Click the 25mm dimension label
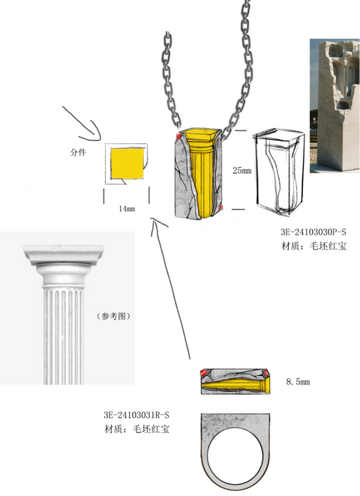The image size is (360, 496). [242, 171]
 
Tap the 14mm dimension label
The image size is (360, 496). [127, 208]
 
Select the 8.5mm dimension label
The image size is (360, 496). [298, 381]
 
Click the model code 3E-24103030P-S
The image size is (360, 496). [313, 232]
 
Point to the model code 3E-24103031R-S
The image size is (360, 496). [136, 414]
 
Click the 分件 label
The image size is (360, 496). [78, 152]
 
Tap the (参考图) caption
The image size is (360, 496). [113, 315]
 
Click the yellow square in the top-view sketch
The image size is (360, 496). [127, 163]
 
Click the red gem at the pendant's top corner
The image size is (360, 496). [178, 136]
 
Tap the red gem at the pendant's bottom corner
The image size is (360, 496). [221, 208]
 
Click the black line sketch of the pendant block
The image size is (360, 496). [279, 172]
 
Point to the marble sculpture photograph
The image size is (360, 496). [334, 106]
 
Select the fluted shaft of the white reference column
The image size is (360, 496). [64, 336]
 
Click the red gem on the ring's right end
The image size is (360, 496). [266, 373]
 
